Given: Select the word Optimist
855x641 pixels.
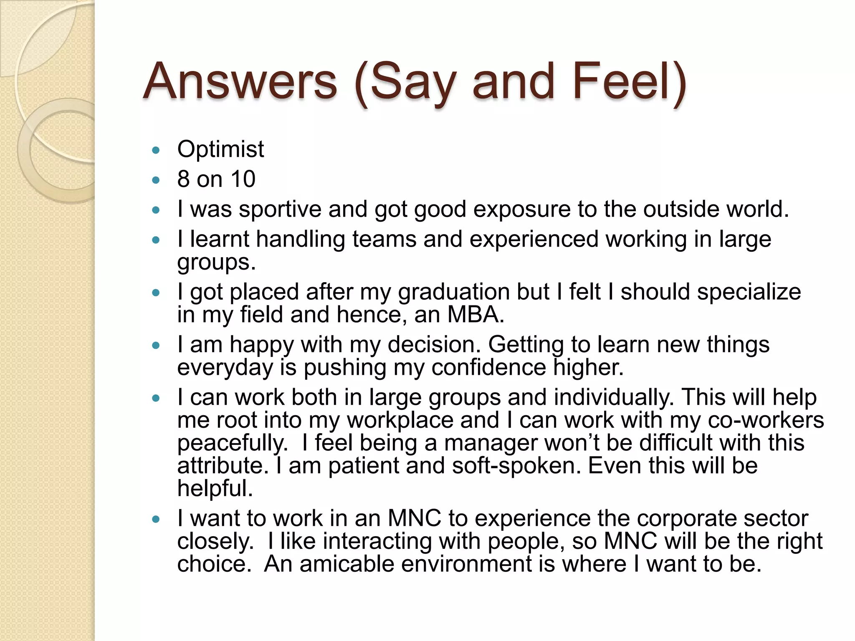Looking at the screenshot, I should (x=220, y=149).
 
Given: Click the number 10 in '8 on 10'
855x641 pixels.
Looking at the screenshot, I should (x=243, y=179).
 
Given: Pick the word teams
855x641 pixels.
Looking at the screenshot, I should (x=384, y=239).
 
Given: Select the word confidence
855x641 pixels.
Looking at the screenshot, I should (x=488, y=367).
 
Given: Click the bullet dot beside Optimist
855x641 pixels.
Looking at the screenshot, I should (x=156, y=150).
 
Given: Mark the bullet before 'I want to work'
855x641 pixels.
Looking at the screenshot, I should (x=156, y=520).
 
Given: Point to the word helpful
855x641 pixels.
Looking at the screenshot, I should (x=215, y=488).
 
